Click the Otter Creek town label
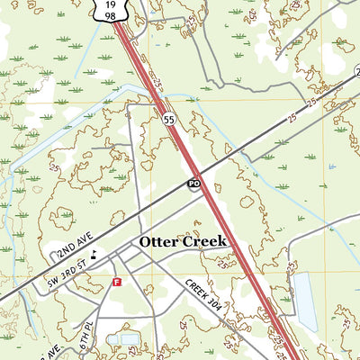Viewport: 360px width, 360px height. click(x=183, y=243)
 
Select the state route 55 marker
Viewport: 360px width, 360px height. click(x=169, y=118)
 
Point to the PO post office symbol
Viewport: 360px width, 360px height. click(x=193, y=184)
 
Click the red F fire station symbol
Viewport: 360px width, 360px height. click(x=115, y=282)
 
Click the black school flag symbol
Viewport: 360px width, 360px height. click(x=95, y=254)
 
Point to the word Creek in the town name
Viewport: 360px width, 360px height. click(x=206, y=243)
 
